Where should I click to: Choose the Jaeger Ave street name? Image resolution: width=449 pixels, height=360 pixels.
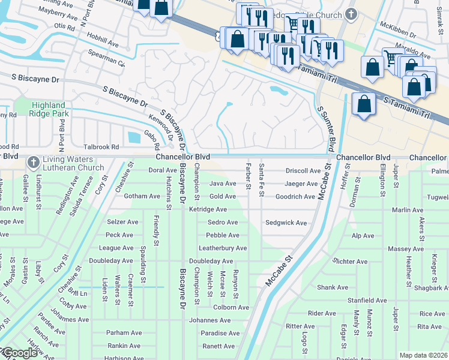(301, 184)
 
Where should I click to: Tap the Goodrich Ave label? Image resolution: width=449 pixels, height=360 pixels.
(295, 196)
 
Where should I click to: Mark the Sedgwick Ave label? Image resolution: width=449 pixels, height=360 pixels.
(286, 223)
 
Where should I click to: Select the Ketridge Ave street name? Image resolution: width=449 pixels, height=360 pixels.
(208, 209)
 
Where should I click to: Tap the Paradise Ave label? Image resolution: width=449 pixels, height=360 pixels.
(220, 333)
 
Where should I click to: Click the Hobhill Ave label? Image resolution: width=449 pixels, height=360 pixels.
(103, 43)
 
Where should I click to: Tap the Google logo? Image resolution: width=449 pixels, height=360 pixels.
(20, 353)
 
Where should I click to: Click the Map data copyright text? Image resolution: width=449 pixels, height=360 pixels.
(423, 355)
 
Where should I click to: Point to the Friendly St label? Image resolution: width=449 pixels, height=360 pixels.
(156, 230)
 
